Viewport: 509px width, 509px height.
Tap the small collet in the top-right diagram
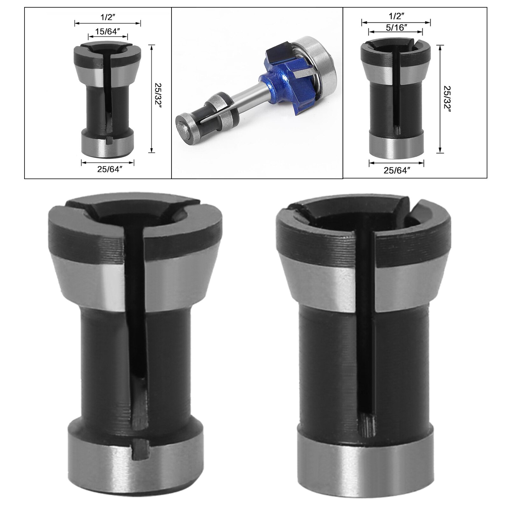pyautogui.click(x=396, y=99)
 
